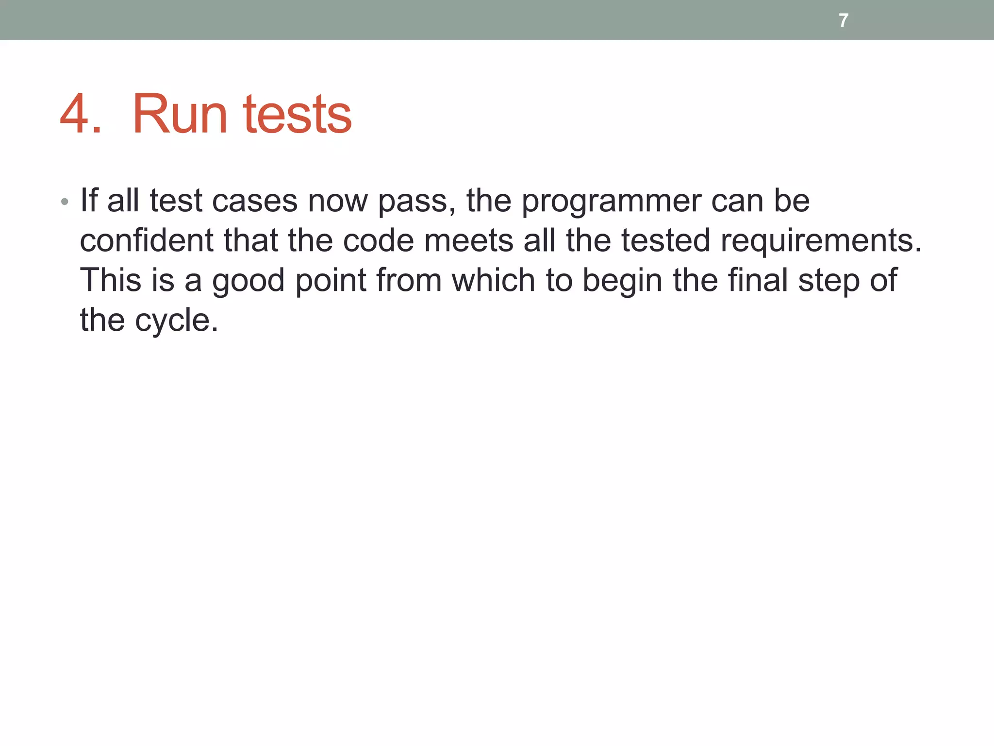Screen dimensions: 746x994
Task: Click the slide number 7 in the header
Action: pos(844,20)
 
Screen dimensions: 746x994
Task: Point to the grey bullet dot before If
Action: pos(65,202)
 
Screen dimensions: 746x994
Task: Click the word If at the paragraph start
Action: pos(89,201)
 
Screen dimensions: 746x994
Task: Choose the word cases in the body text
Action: pos(255,201)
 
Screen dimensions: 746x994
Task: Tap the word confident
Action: pos(146,240)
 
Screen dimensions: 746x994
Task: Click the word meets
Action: pos(468,240)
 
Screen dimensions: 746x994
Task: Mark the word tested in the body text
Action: pos(665,240)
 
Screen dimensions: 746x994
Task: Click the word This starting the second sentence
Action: pos(110,280)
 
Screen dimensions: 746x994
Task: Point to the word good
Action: pos(248,281)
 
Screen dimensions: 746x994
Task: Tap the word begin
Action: pos(622,281)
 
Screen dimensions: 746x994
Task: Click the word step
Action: pos(829,281)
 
